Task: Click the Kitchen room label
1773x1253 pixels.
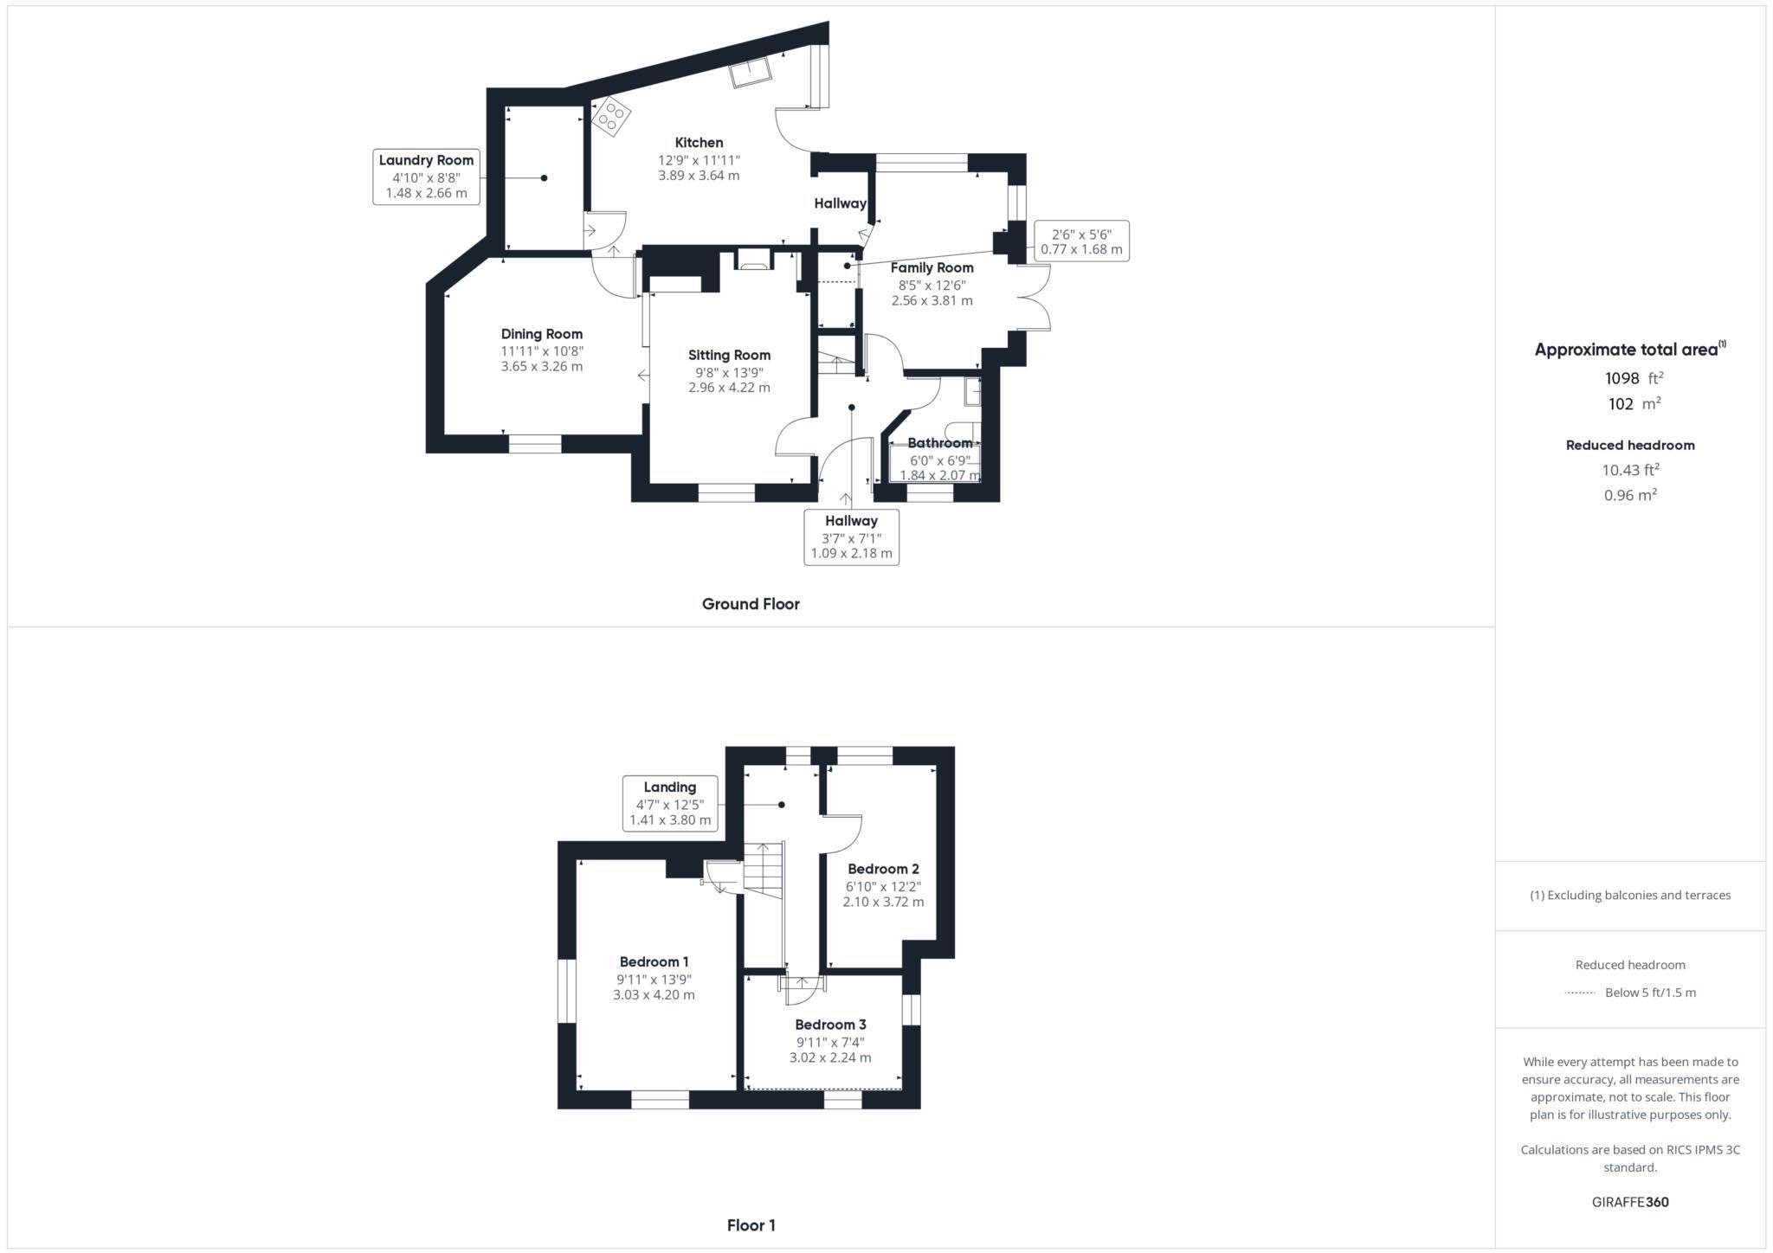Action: [699, 143]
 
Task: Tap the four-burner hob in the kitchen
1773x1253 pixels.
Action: [610, 116]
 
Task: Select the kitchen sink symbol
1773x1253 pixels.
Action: [751, 73]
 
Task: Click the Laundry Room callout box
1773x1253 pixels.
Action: [426, 177]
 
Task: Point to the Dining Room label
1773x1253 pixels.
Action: [541, 334]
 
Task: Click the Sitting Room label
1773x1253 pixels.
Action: [729, 355]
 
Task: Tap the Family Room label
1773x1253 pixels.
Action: [932, 268]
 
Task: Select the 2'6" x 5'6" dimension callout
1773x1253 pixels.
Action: [1081, 241]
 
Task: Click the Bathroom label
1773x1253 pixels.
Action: [939, 443]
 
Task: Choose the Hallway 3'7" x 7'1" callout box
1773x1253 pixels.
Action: [851, 537]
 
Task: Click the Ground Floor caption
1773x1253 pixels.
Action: [751, 604]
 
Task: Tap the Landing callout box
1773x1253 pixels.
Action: [670, 803]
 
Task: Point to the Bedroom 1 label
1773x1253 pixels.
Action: [654, 962]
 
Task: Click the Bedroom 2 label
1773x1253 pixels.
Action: [883, 869]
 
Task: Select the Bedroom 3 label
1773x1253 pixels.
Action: [830, 1025]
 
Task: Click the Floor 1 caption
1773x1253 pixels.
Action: [751, 1225]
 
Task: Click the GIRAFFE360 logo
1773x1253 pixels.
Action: [1630, 1202]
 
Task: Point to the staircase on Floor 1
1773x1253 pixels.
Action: [764, 870]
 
